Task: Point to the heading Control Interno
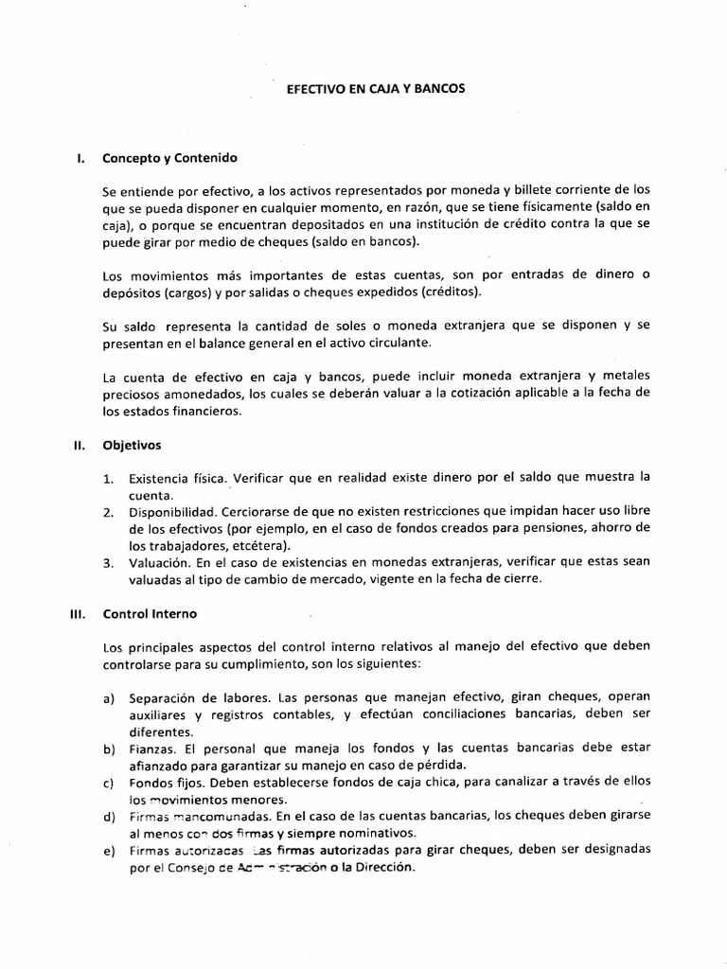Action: click(150, 614)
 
